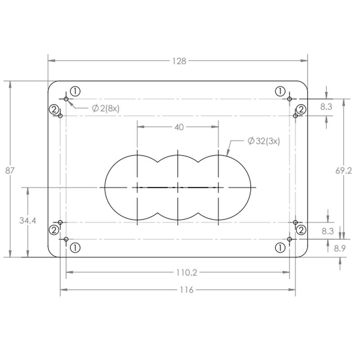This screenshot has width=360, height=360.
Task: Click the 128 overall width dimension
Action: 179,61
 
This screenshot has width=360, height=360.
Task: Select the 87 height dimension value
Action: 10,171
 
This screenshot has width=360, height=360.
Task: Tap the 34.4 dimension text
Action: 27,220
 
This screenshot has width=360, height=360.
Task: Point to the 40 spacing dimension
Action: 179,127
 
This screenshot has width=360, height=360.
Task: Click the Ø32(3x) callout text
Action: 264,141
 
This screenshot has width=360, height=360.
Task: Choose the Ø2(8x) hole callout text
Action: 106,108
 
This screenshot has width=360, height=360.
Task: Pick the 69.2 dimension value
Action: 343,171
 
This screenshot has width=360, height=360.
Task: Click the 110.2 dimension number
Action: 186,273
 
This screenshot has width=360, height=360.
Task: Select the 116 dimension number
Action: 186,290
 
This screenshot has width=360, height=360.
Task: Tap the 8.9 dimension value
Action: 340,248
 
